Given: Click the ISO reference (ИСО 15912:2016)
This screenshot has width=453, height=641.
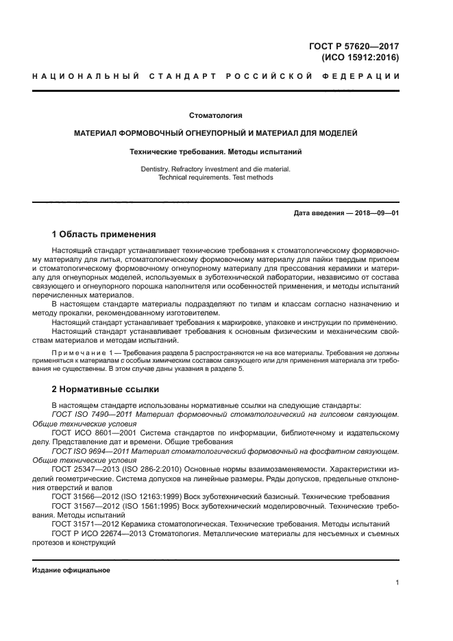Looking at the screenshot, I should [x=360, y=58].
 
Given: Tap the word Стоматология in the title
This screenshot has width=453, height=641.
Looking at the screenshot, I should [x=216, y=115].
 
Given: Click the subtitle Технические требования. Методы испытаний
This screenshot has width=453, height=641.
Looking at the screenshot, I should [x=216, y=150].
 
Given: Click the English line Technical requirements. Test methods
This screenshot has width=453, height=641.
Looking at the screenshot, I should [x=216, y=177].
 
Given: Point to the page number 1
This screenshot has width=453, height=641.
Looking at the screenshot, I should [x=397, y=583].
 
